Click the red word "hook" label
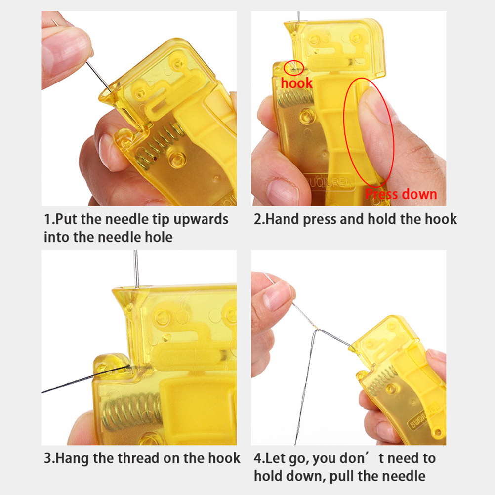pyautogui.click(x=296, y=83)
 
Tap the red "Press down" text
pyautogui.click(x=401, y=194)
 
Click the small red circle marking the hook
pyautogui.click(x=294, y=68)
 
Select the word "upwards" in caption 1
pyautogui.click(x=201, y=219)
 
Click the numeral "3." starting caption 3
pyautogui.click(x=49, y=458)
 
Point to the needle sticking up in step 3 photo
pyautogui.click(x=136, y=269)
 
